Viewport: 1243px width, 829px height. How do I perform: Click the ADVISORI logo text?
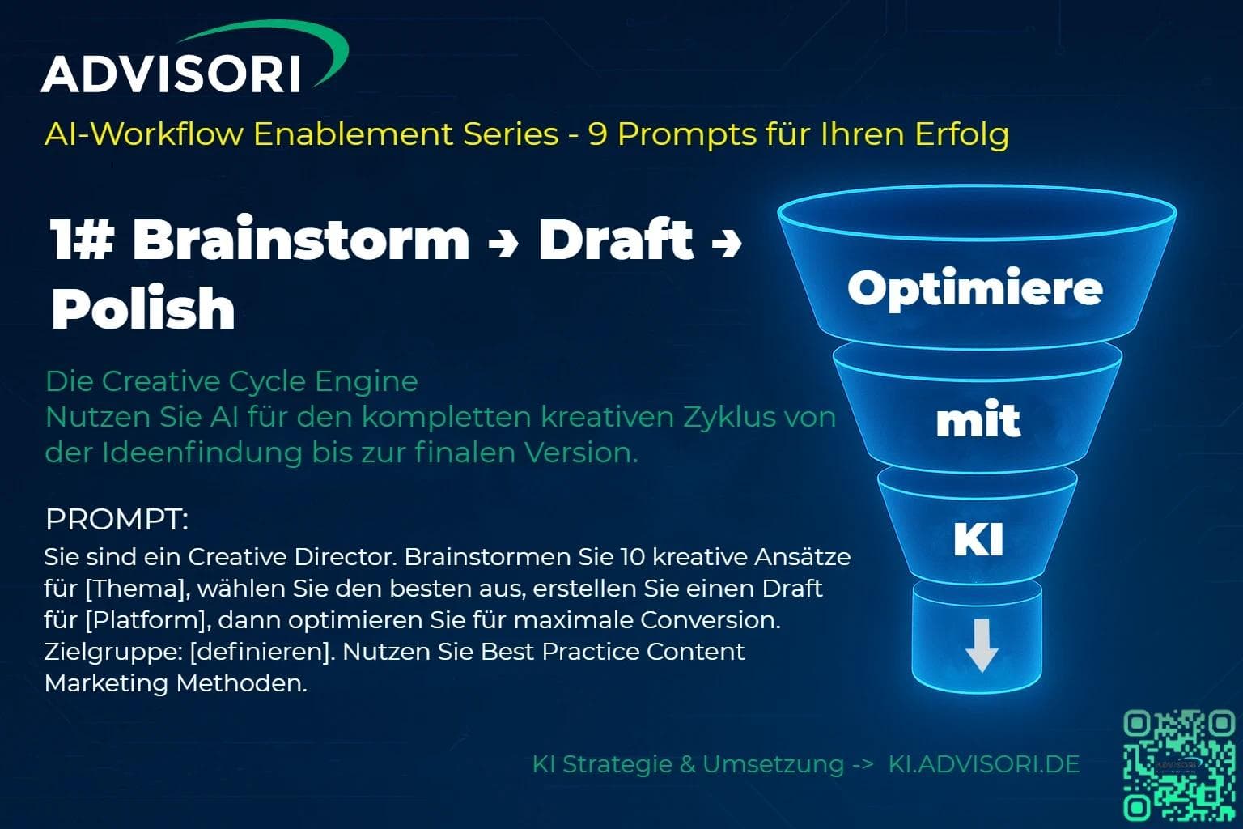click(x=171, y=74)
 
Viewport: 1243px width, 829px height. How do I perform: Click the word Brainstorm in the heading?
click(x=301, y=239)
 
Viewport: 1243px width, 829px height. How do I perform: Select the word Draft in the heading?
click(x=616, y=239)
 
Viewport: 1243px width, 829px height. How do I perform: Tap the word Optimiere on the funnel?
click(x=975, y=288)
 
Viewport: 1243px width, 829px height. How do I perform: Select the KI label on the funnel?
click(x=978, y=539)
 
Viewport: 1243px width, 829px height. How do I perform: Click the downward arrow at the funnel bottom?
click(x=982, y=645)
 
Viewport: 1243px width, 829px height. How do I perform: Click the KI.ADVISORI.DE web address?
click(x=984, y=764)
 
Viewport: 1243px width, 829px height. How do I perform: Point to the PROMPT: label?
click(x=117, y=520)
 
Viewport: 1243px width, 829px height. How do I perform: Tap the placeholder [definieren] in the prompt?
click(x=261, y=652)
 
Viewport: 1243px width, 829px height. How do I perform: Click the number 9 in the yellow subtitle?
click(x=598, y=135)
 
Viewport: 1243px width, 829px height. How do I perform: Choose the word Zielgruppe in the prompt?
click(x=110, y=652)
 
